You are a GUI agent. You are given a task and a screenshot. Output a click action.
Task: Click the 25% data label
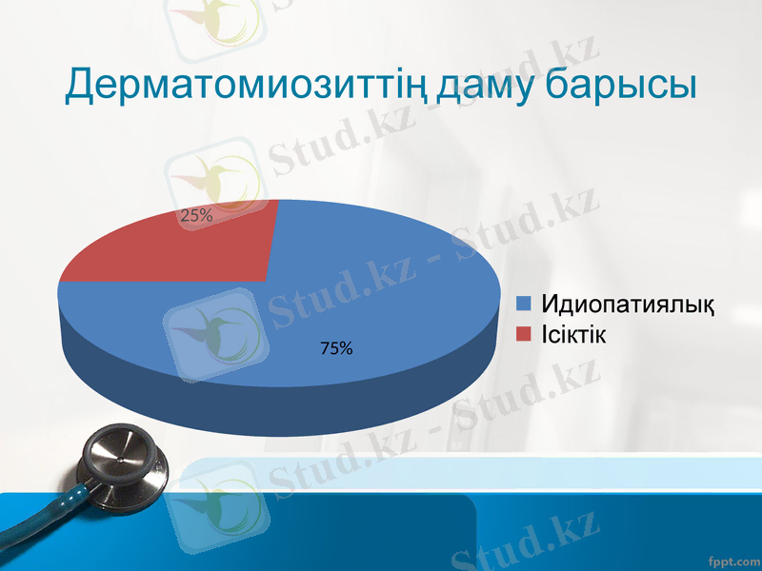(x=196, y=216)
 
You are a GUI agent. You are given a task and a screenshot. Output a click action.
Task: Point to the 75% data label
(x=336, y=349)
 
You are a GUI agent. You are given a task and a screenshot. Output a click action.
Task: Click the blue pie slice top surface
(x=381, y=285)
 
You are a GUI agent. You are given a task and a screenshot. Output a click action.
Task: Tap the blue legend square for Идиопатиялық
(x=523, y=305)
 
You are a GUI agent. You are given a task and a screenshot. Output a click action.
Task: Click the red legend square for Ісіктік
(x=523, y=334)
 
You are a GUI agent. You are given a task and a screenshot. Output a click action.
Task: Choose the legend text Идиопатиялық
(x=628, y=305)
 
